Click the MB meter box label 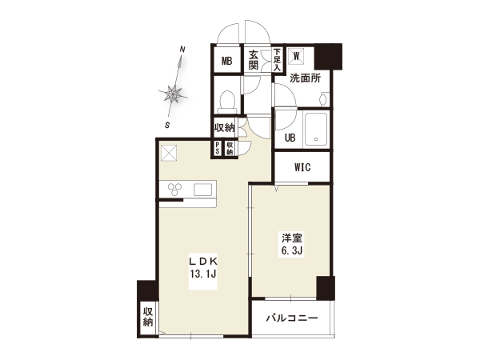point(227,62)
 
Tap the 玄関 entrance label point(254,60)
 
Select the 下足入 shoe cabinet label point(277,59)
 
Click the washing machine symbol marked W point(296,56)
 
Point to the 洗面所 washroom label point(305,78)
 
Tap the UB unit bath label point(290,138)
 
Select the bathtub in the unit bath point(316,129)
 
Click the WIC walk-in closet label point(302,167)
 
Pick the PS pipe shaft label point(218,148)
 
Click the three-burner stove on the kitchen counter point(174,189)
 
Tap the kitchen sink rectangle point(202,189)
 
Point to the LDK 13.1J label point(203,267)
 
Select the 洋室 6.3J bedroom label point(292,245)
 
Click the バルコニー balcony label point(292,318)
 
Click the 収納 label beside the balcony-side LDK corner point(148,317)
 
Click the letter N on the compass point(182,50)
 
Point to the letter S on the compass point(167,126)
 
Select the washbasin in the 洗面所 point(323,99)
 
